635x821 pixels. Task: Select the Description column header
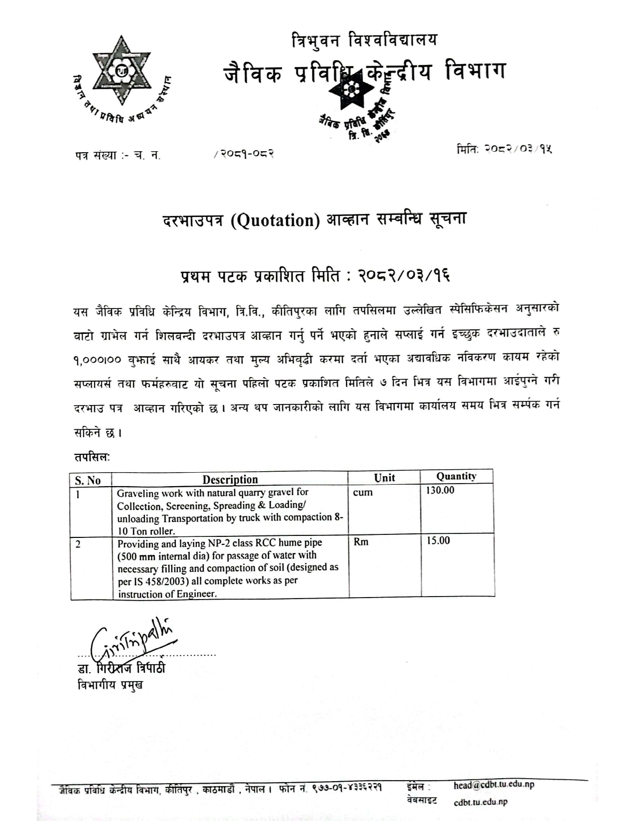[230, 480]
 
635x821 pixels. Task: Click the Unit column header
[384, 478]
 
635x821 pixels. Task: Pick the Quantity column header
[456, 476]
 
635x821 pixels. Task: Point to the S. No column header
[88, 480]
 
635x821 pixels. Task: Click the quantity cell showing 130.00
[440, 491]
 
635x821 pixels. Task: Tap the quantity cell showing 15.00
[438, 541]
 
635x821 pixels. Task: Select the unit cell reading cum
[363, 493]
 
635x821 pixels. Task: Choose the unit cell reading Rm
[361, 542]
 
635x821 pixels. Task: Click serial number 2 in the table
[78, 544]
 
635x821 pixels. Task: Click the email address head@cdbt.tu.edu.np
[494, 785]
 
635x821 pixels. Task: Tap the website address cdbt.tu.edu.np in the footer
[481, 802]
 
